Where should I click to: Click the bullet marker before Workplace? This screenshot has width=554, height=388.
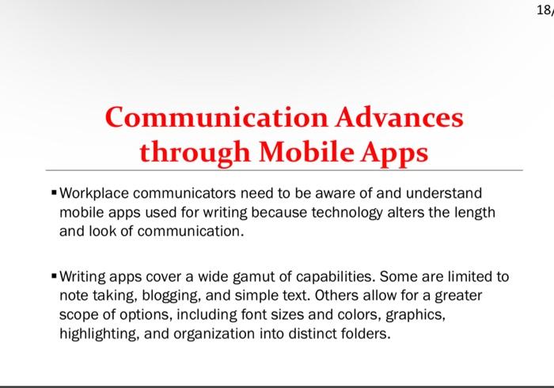pos(53,192)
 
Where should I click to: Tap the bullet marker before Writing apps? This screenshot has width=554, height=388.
pos(53,277)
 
